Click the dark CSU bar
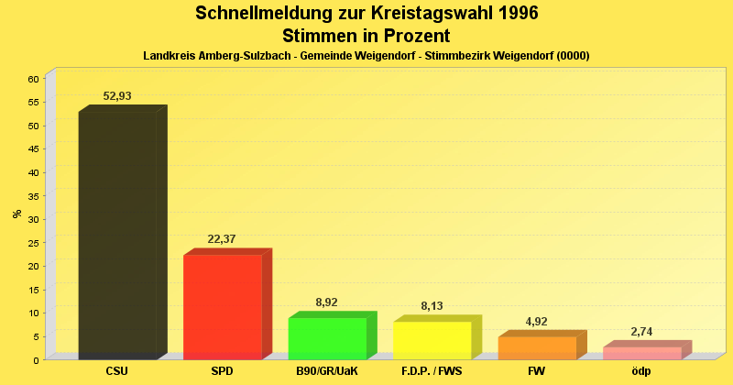pyautogui.click(x=116, y=234)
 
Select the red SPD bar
pyautogui.click(x=222, y=306)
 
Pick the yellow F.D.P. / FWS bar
pyautogui.click(x=432, y=340)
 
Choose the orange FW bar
pyautogui.click(x=537, y=347)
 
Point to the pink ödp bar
pyautogui.click(x=641, y=353)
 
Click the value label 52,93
pyautogui.click(x=118, y=96)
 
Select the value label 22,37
pyautogui.click(x=222, y=239)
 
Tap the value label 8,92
pyautogui.click(x=327, y=302)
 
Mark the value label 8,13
pyautogui.click(x=432, y=306)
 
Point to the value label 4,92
pyautogui.click(x=537, y=321)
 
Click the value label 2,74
pyautogui.click(x=641, y=331)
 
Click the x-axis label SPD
pyautogui.click(x=222, y=371)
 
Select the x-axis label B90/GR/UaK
pyautogui.click(x=327, y=371)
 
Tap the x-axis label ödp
pyautogui.click(x=641, y=371)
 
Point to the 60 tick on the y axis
pyautogui.click(x=33, y=79)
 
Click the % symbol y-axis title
pyautogui.click(x=16, y=214)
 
